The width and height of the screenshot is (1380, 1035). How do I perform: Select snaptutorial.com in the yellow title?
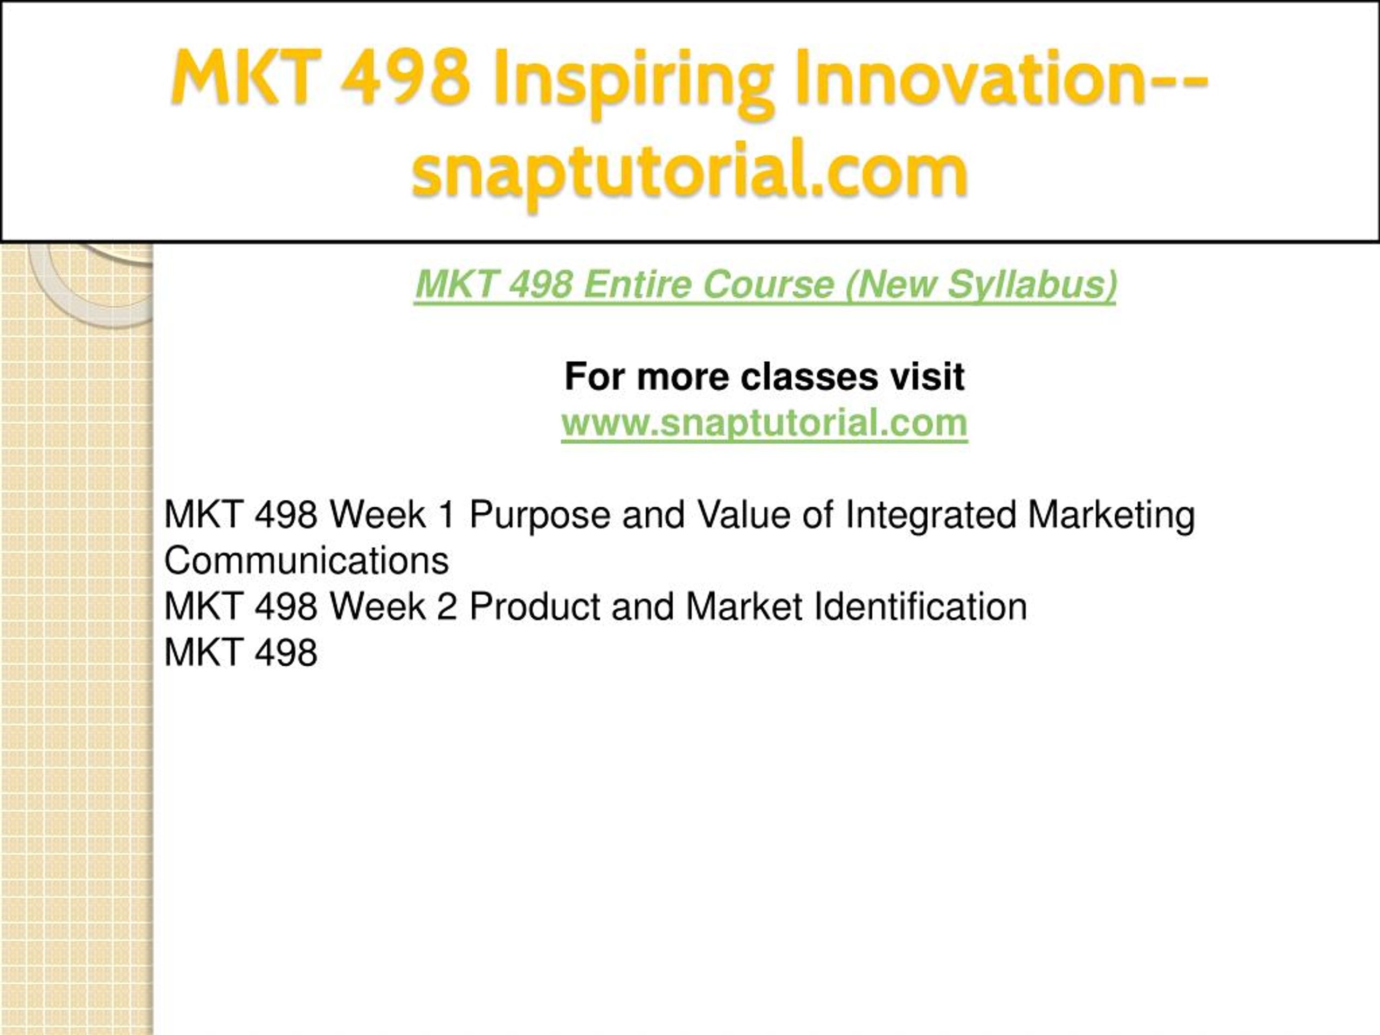689,172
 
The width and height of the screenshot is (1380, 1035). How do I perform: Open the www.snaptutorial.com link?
764,423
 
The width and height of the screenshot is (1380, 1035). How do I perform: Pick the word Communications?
306,560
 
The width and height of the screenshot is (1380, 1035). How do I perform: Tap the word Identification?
921,606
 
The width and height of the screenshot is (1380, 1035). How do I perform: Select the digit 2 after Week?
447,606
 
